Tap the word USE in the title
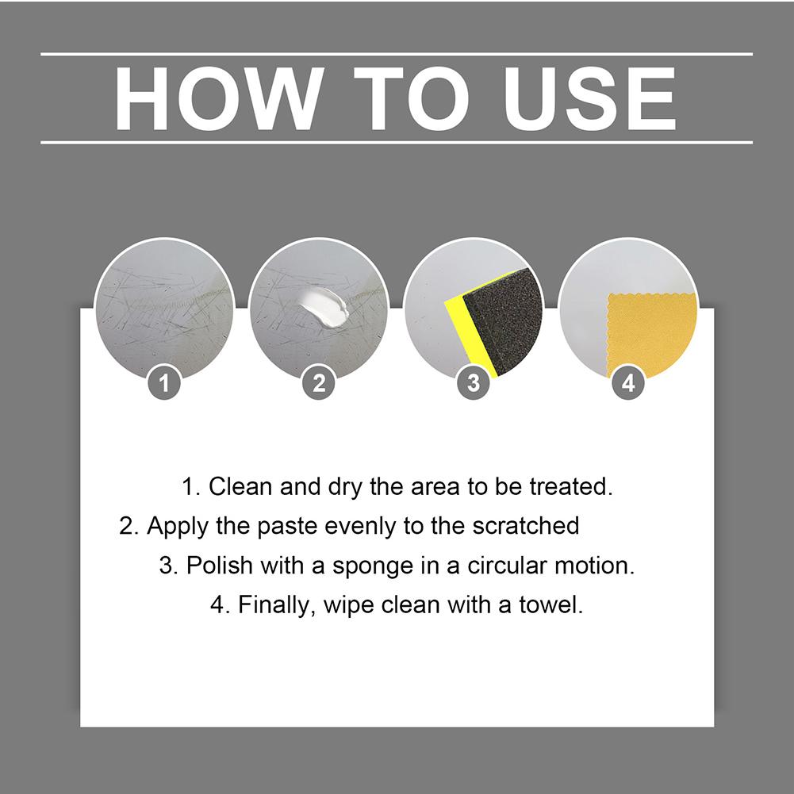pyautogui.click(x=589, y=98)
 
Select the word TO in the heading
pyautogui.click(x=412, y=98)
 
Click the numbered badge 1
pyautogui.click(x=164, y=383)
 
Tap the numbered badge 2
pyautogui.click(x=319, y=383)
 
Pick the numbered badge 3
pyautogui.click(x=474, y=383)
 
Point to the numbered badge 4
pyautogui.click(x=628, y=383)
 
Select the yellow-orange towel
pyautogui.click(x=651, y=334)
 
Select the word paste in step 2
pyautogui.click(x=287, y=527)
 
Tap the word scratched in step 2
pyautogui.click(x=526, y=526)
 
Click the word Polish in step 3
pyautogui.click(x=219, y=565)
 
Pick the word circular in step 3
pyautogui.click(x=506, y=565)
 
